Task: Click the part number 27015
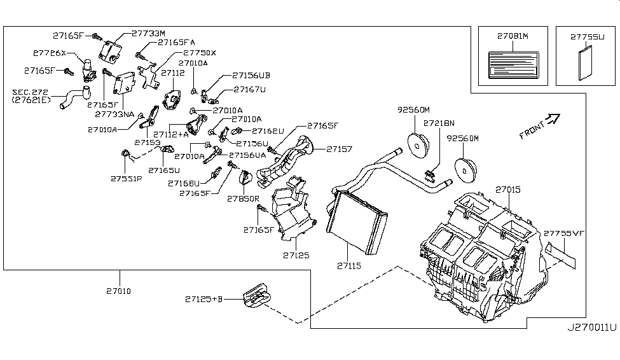tap(508, 190)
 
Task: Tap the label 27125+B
tap(204, 298)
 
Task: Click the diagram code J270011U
tap(591, 328)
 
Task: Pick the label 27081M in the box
tap(513, 36)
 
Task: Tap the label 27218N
tap(439, 121)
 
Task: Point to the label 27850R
tap(245, 199)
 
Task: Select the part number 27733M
tap(148, 33)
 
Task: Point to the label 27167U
tap(249, 89)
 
